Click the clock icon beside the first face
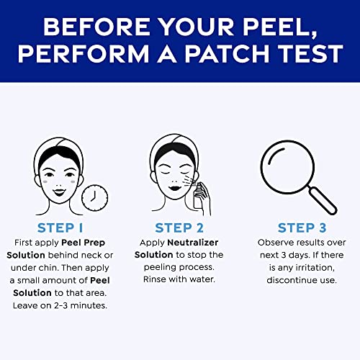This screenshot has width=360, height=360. [92, 196]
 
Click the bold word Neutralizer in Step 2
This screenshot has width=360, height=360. [197, 243]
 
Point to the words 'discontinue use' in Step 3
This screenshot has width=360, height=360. [297, 281]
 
